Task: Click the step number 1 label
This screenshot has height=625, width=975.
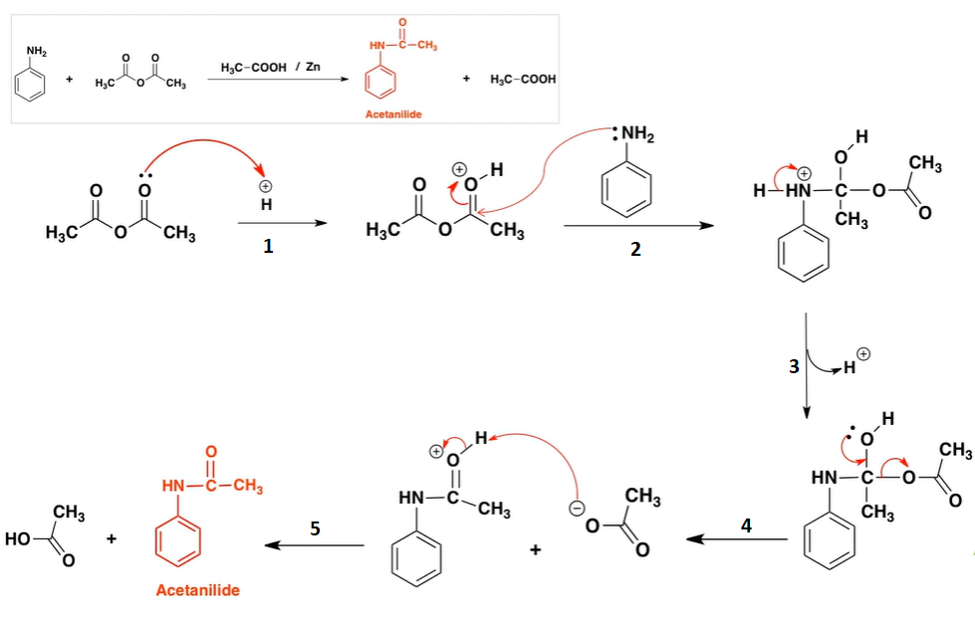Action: [268, 248]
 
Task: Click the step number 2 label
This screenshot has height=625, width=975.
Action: [635, 250]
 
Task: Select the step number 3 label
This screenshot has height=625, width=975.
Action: [794, 366]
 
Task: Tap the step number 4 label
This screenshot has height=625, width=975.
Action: [746, 524]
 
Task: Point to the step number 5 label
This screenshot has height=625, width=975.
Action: [315, 528]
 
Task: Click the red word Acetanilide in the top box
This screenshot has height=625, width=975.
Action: [393, 114]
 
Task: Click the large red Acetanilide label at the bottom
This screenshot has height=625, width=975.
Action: [198, 590]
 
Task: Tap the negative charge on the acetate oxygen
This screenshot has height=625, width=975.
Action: [574, 509]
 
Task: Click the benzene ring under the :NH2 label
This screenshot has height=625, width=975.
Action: [627, 186]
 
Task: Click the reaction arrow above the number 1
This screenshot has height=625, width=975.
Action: [283, 223]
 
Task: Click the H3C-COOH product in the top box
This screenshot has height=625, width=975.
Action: [524, 80]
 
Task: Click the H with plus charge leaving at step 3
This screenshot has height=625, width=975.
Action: [850, 369]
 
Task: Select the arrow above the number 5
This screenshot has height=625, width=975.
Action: [315, 544]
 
